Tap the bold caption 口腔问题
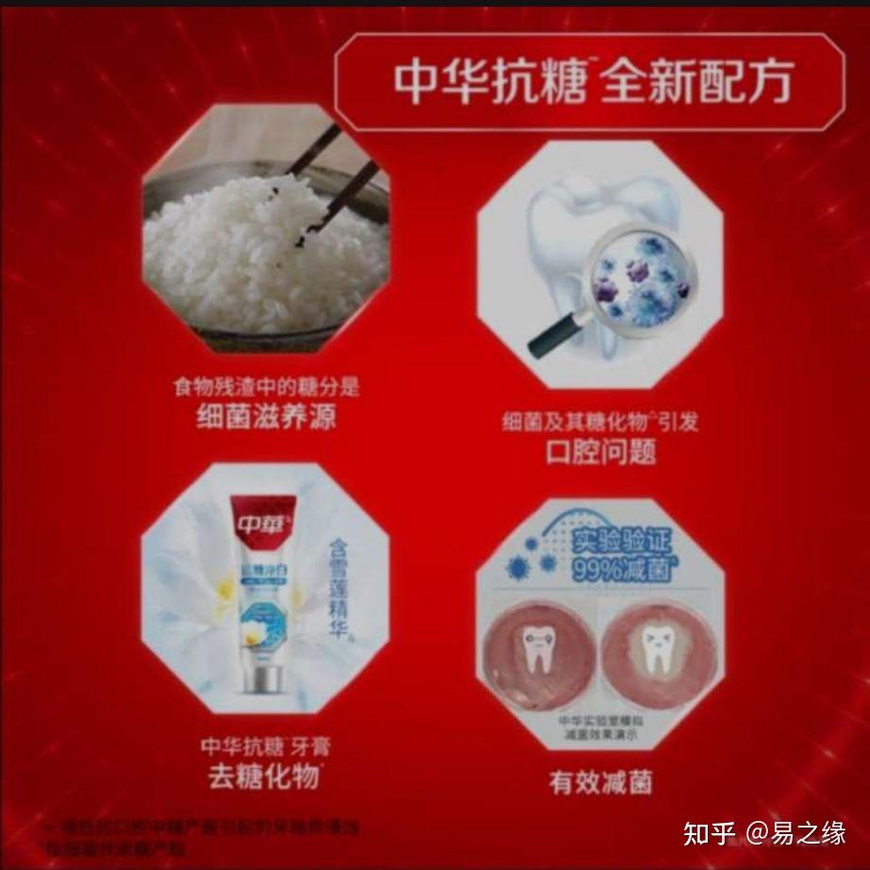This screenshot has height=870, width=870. click(x=600, y=452)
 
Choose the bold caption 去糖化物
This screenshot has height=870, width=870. click(x=266, y=778)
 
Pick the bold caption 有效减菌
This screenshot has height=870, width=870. click(x=600, y=782)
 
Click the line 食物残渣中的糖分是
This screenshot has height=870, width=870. click(x=266, y=387)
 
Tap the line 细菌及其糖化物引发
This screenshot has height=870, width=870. click(x=600, y=422)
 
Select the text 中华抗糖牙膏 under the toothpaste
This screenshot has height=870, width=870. click(x=266, y=747)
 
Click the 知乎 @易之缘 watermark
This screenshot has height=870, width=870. click(x=763, y=832)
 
